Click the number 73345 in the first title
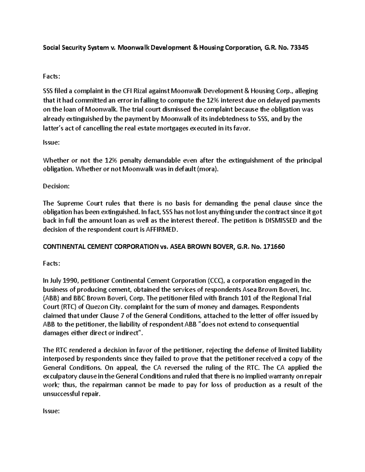tap(300, 48)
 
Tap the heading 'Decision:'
tap(56, 186)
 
